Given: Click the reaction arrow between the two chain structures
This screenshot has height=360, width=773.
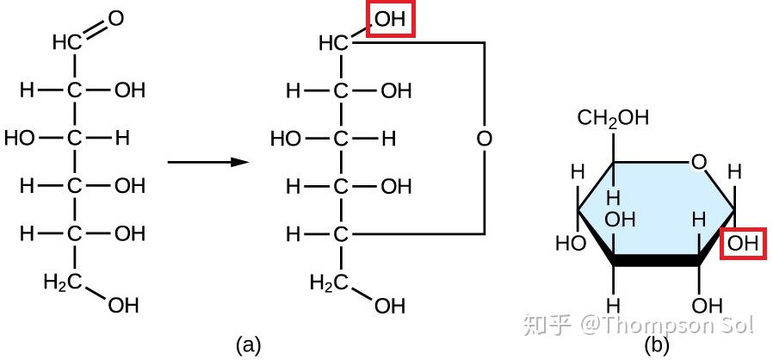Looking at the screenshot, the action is pos(207,162).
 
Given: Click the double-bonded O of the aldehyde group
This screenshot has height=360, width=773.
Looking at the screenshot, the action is pos(115,19).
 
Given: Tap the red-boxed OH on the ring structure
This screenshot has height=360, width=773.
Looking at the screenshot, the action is pos(743,243).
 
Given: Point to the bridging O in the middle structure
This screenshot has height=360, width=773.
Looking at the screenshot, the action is pos(484,139).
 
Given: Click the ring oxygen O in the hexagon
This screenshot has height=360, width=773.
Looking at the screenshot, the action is pos(699,162).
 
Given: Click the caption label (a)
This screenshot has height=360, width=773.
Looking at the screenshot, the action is pos(248,344).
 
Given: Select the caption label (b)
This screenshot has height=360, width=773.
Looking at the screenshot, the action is pos(657,344).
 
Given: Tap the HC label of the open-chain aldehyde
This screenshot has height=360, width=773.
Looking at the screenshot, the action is pos(67,43).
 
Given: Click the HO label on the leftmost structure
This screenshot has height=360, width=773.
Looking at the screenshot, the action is pos(20,139).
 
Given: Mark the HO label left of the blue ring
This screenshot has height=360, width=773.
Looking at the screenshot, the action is pos(571,243).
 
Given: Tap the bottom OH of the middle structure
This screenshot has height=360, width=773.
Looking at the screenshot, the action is pos(390,307).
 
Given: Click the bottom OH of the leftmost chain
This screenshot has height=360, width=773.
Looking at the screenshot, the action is pos(124,305).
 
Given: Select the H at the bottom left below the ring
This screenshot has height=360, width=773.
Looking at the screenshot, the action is pos(613,306).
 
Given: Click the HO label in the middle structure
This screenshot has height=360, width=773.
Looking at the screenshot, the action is pos(286,139).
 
